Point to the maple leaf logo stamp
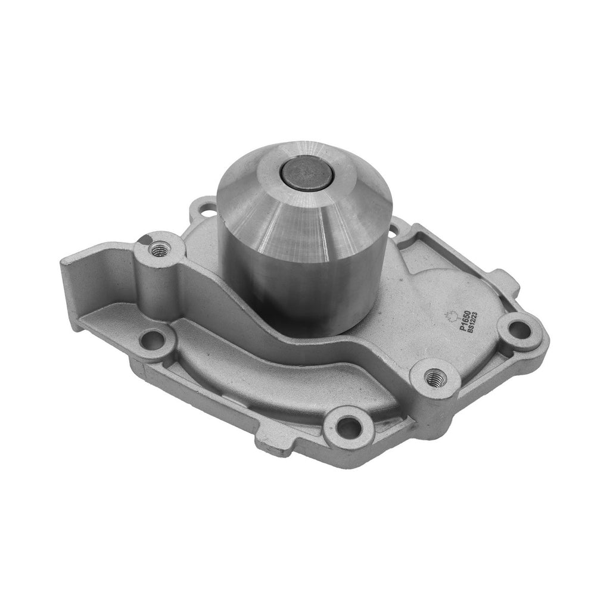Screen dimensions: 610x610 tap(449, 316)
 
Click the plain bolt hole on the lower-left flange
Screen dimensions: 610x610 tap(154, 340)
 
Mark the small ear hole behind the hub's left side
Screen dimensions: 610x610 tap(206, 209)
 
